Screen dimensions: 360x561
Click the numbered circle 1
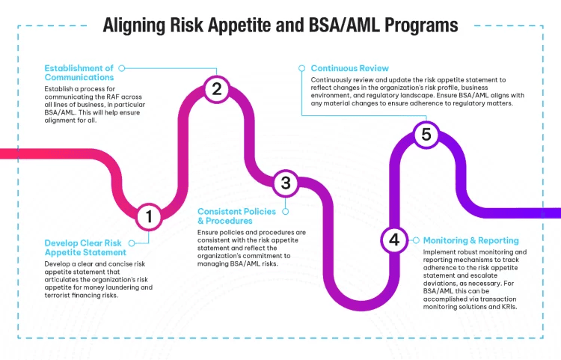click(x=149, y=217)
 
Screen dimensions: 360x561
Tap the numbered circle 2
click(x=216, y=90)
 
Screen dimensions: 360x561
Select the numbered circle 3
click(x=285, y=183)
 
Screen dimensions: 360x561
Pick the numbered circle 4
click(x=393, y=240)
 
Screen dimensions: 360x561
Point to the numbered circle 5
click(x=426, y=135)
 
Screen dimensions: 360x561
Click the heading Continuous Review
click(x=349, y=68)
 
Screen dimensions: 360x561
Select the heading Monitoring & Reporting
click(x=470, y=240)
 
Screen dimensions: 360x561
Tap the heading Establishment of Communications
click(x=79, y=72)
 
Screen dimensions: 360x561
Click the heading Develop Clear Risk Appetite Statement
click(x=82, y=248)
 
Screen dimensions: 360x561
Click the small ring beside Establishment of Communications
click(x=122, y=67)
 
